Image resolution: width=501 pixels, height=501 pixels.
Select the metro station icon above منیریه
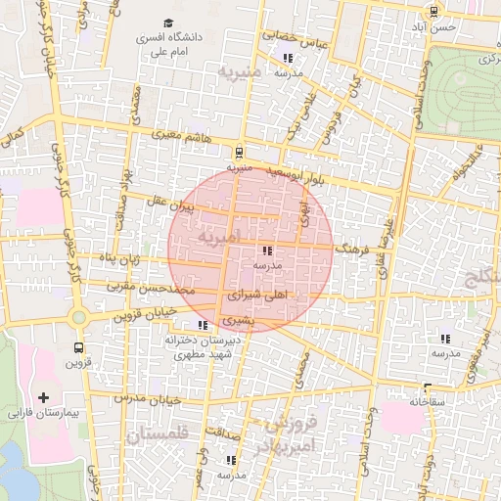[x=239, y=152]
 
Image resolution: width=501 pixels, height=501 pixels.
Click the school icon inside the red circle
[x=268, y=250]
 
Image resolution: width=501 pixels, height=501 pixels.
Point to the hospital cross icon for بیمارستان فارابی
[x=42, y=397]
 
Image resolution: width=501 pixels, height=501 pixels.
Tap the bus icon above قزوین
[x=77, y=347]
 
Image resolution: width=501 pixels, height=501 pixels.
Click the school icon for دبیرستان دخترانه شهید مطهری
[x=203, y=325]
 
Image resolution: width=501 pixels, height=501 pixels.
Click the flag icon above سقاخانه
[x=427, y=387]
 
